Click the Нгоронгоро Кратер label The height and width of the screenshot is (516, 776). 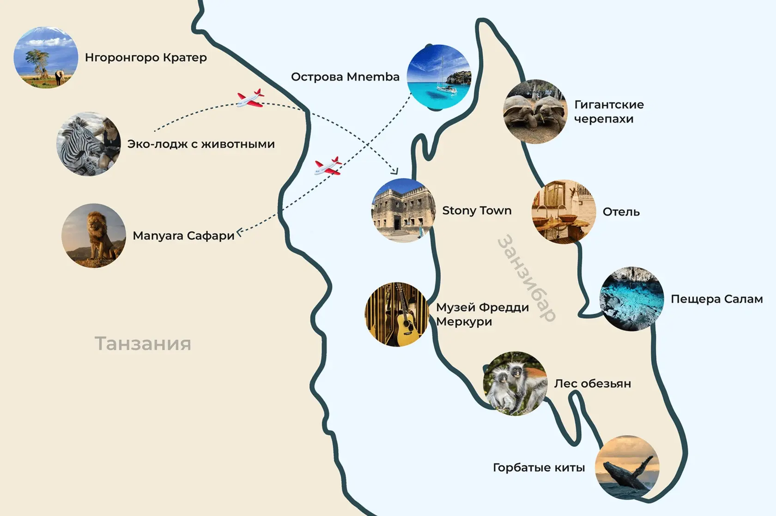(x=145, y=58)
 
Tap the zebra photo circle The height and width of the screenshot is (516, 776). (x=89, y=144)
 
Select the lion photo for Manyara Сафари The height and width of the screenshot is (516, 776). (x=94, y=235)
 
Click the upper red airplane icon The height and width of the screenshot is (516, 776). (x=250, y=98)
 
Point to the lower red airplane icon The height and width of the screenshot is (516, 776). (x=328, y=166)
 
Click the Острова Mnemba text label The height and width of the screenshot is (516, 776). (x=345, y=77)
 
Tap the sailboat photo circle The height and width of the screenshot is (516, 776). (x=438, y=77)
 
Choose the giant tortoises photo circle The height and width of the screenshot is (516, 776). (x=535, y=111)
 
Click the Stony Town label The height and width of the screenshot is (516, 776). (x=477, y=210)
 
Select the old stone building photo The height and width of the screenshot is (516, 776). (x=404, y=210)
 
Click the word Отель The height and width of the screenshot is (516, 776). (x=621, y=212)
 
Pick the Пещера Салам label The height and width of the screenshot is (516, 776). (x=716, y=299)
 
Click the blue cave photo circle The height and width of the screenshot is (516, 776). (x=631, y=299)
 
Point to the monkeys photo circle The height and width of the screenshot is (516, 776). (x=515, y=384)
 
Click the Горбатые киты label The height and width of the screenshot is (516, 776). (x=539, y=468)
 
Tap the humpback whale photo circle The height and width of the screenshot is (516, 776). (x=627, y=467)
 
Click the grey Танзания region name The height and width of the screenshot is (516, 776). (x=143, y=343)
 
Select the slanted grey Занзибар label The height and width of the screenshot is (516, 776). (x=527, y=278)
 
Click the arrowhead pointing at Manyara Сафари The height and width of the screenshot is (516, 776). (x=239, y=232)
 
